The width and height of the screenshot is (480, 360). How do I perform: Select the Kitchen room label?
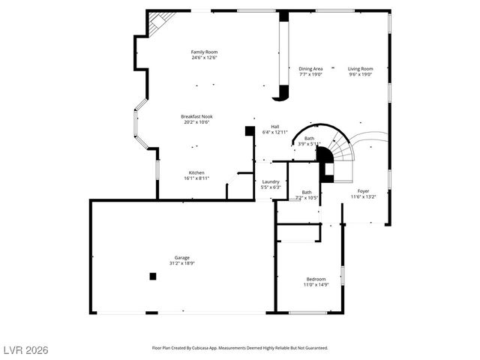[x=196, y=172]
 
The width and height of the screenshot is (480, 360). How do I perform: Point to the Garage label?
[x=182, y=257]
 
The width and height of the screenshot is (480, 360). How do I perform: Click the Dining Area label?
[x=310, y=68]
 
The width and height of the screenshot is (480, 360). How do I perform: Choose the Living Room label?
[x=360, y=68]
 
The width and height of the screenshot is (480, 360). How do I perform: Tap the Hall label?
[x=275, y=126]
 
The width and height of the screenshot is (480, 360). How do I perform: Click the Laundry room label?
[x=271, y=181]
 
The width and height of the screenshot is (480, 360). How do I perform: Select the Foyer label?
[x=363, y=191]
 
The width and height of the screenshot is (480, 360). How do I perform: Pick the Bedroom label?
[x=316, y=279]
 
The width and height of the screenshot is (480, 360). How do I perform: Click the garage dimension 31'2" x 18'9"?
[x=182, y=263]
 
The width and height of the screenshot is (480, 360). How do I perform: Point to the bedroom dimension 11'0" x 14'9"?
[x=316, y=285]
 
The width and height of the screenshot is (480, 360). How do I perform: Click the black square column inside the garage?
[x=153, y=276]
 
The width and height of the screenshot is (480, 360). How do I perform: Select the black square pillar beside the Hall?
[x=249, y=130]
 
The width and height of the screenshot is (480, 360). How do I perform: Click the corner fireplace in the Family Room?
[x=156, y=23]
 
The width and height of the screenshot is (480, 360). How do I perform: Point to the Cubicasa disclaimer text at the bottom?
[x=240, y=348]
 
